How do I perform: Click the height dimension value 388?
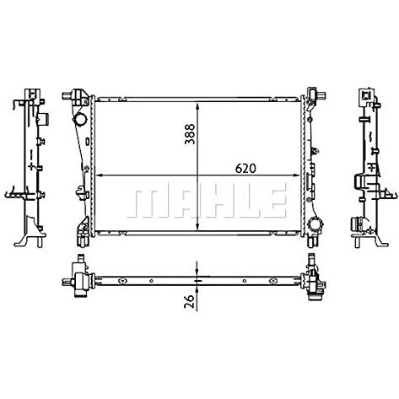[190, 134]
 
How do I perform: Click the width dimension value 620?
[245, 169]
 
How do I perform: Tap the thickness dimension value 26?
[190, 301]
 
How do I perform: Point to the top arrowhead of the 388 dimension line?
[197, 107]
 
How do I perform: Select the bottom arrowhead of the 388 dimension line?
[197, 226]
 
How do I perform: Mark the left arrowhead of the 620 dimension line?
[100, 175]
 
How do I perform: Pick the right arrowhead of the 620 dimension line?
[297, 175]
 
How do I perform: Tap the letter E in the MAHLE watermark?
[271, 200]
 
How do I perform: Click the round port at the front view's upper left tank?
[80, 121]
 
